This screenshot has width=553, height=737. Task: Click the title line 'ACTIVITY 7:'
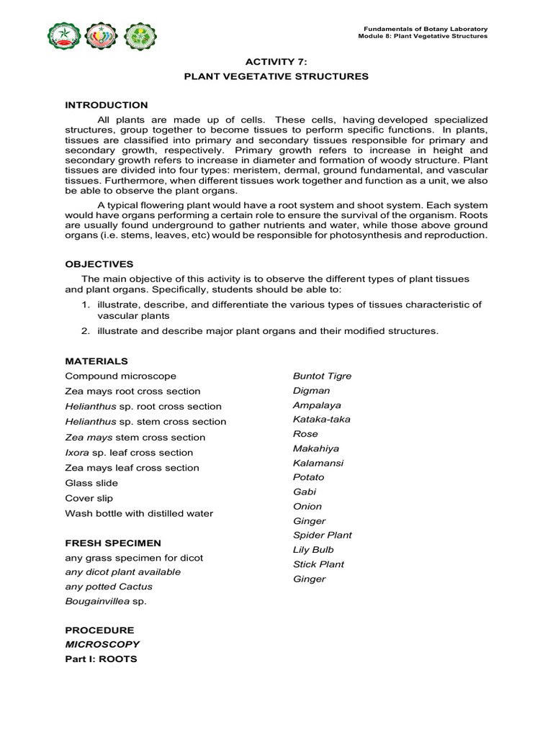(276, 62)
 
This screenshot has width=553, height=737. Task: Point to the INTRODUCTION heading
(107, 105)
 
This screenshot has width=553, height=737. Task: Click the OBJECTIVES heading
(99, 264)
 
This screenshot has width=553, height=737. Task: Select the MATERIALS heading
(96, 361)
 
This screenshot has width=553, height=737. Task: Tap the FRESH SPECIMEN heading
(113, 543)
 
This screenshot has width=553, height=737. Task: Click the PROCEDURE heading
(99, 630)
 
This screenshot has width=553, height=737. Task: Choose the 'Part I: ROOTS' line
(101, 659)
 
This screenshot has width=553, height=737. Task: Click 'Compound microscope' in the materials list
(120, 376)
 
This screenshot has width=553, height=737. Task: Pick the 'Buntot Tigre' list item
(322, 376)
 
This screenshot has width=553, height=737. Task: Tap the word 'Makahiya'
(315, 448)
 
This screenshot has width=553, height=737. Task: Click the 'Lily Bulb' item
(313, 550)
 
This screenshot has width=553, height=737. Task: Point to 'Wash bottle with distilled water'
(139, 513)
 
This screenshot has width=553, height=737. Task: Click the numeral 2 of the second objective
(84, 331)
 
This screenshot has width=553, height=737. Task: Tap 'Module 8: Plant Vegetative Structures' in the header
(423, 35)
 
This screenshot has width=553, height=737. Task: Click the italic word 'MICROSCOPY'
(102, 644)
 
